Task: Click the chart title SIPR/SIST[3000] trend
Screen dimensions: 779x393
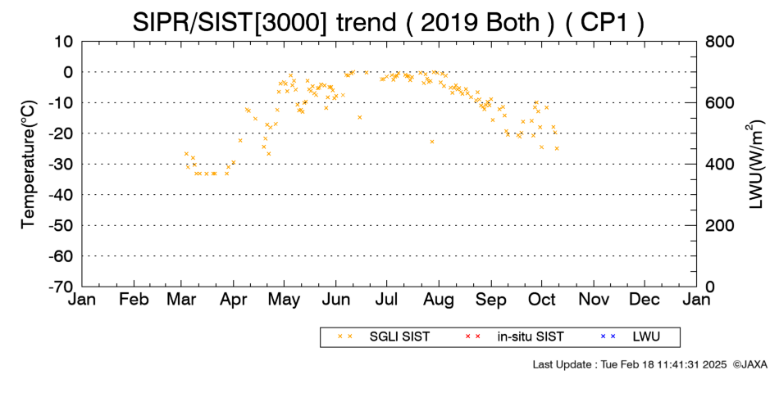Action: pos(264,22)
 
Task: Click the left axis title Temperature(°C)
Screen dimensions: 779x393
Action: pos(30,165)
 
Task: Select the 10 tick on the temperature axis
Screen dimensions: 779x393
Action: pos(64,42)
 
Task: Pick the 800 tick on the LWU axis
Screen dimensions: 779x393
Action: pos(719,42)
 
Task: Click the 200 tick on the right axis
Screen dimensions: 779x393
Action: pos(719,226)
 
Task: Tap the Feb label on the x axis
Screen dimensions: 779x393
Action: pos(134,300)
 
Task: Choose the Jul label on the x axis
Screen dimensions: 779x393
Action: pos(386,300)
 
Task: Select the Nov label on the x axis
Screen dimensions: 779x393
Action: pos(594,300)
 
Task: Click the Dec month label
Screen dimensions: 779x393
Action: pos(645,300)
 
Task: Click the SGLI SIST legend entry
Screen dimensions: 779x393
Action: pos(399,337)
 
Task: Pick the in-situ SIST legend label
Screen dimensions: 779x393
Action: pos(531,337)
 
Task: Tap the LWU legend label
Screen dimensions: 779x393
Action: pos(646,337)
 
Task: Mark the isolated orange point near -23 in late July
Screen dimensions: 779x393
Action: pos(432,142)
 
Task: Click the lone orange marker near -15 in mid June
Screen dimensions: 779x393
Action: pos(360,118)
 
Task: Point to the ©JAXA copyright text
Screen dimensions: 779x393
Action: pos(749,364)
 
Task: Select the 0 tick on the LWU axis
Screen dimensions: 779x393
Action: pos(710,287)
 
